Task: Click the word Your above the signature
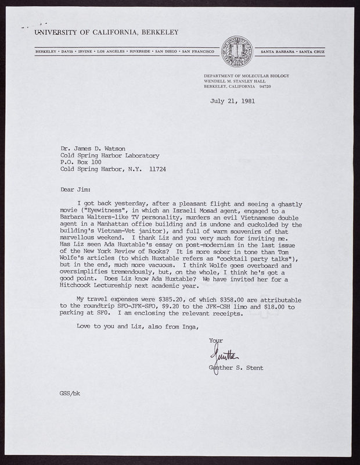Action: pyautogui.click(x=216, y=340)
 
